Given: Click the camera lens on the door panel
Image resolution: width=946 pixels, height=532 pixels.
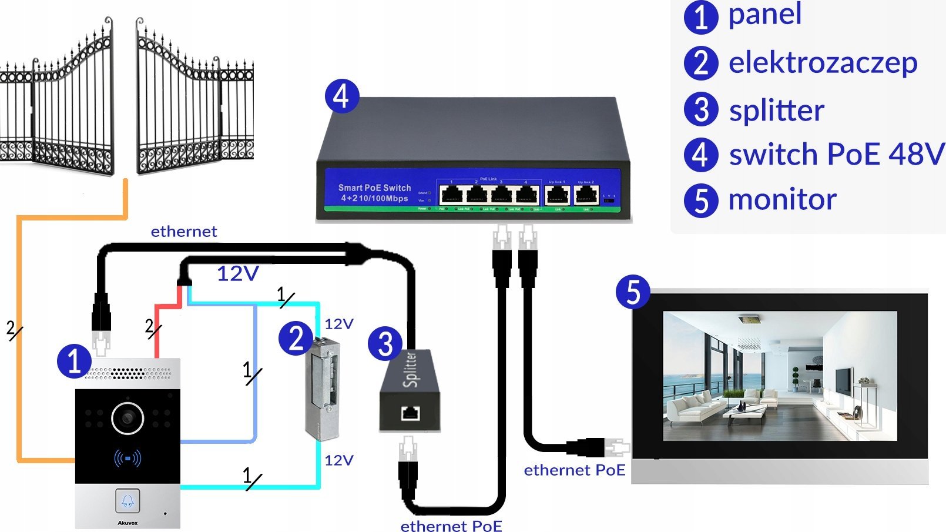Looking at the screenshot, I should (x=128, y=418).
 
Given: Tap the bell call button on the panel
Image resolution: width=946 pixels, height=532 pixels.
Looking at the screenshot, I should (x=128, y=501).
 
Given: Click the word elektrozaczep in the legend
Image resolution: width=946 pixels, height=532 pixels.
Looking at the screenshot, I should (x=823, y=63).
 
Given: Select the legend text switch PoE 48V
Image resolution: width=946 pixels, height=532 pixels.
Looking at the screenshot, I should (x=836, y=155).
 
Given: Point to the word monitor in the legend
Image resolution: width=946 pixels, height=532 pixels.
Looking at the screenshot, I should (x=782, y=200).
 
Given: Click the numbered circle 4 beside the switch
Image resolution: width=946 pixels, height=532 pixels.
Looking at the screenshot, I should (x=341, y=97).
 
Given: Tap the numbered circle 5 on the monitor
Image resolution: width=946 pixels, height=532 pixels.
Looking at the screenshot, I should (x=632, y=292).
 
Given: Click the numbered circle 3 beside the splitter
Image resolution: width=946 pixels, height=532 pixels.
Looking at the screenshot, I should (x=385, y=344).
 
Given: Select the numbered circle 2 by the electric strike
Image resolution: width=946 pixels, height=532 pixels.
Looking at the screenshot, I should (x=296, y=339).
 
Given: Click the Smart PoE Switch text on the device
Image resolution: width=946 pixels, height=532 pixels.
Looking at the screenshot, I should (x=374, y=188).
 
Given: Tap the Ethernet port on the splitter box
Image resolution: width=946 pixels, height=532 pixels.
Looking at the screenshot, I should (x=410, y=413).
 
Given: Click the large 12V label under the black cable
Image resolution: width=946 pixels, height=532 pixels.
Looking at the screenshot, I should (x=237, y=274).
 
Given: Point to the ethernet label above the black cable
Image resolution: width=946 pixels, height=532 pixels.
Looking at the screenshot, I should (x=184, y=232).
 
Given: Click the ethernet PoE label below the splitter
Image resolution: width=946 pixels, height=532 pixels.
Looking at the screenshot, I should (x=451, y=525).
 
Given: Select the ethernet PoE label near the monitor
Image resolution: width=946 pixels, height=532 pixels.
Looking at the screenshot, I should (x=574, y=470).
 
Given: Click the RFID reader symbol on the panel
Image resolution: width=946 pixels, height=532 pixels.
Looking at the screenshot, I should (x=128, y=458).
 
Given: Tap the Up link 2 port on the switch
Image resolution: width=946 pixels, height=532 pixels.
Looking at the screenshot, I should (x=586, y=195).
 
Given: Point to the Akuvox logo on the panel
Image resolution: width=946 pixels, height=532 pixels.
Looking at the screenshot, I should (x=128, y=523).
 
